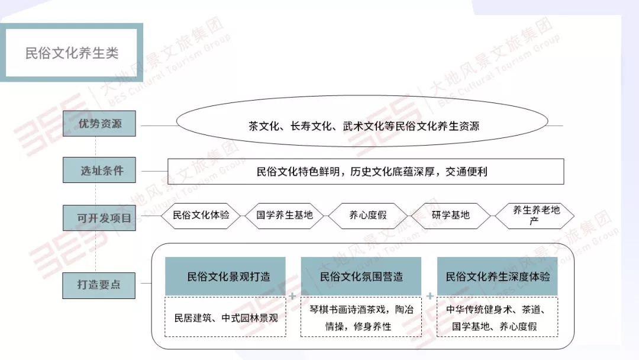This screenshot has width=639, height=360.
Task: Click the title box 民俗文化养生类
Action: (x=72, y=53)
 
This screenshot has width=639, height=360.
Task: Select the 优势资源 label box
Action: (x=99, y=124)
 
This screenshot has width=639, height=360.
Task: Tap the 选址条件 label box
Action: (x=99, y=171)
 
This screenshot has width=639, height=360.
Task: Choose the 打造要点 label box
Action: (x=99, y=285)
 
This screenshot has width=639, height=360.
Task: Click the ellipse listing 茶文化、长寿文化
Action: (x=363, y=126)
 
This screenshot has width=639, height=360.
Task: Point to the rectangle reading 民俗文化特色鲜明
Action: (x=366, y=172)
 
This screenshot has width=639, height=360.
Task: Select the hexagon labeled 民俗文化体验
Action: (x=201, y=216)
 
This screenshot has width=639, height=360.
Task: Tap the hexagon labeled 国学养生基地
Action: (x=285, y=216)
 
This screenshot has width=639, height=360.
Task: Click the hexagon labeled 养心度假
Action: (x=368, y=216)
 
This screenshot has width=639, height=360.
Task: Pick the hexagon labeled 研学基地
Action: (x=451, y=216)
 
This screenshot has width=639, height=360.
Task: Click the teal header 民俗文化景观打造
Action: (x=225, y=276)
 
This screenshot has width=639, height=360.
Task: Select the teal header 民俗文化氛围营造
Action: (x=361, y=276)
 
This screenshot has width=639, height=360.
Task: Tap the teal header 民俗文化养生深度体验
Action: (x=497, y=276)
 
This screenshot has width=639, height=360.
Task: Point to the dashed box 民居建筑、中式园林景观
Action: (x=225, y=317)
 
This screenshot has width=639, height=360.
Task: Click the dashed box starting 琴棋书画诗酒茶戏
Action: (x=361, y=317)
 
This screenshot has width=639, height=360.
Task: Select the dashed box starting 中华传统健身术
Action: (x=497, y=317)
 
